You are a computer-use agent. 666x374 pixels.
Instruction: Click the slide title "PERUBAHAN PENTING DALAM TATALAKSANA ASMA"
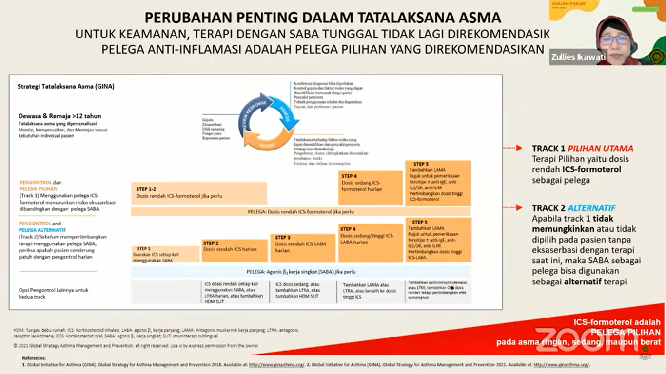(x=322, y=18)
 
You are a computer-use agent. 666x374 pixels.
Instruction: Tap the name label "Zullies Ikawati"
(x=578, y=57)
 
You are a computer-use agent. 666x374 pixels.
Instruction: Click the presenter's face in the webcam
(x=616, y=39)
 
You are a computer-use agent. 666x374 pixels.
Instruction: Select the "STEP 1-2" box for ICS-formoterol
(x=198, y=193)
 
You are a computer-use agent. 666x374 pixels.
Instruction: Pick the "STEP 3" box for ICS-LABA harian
(x=302, y=248)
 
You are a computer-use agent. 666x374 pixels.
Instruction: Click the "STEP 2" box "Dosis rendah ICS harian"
(x=234, y=250)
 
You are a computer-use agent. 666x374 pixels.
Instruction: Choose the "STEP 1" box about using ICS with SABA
(x=165, y=254)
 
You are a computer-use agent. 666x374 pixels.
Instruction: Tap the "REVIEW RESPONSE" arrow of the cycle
(x=251, y=117)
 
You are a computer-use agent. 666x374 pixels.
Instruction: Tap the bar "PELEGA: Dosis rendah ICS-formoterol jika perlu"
(x=300, y=212)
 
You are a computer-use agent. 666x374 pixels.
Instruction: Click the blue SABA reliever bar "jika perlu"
(x=300, y=272)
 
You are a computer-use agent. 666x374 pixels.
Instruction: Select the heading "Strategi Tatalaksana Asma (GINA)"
(x=66, y=87)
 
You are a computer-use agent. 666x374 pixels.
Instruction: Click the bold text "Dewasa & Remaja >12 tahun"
(x=60, y=116)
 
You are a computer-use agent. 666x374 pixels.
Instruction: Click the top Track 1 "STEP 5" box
(x=438, y=183)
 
